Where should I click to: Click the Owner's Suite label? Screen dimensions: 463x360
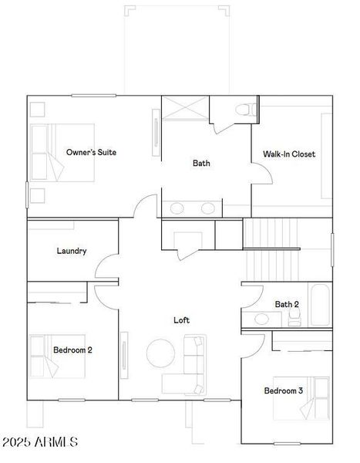click(91, 152)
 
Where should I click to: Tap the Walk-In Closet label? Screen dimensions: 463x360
click(288, 154)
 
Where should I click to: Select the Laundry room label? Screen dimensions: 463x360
click(71, 251)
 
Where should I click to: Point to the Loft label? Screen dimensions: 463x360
click(181, 319)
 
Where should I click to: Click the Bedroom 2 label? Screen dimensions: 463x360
click(72, 350)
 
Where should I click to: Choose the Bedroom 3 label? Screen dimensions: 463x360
click(283, 390)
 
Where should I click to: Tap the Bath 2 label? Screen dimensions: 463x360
click(287, 304)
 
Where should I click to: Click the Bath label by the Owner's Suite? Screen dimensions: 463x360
click(201, 163)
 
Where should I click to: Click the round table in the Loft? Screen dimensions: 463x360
click(161, 353)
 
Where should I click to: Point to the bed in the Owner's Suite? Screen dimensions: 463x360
click(62, 152)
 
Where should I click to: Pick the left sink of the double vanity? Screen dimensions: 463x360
click(177, 208)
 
